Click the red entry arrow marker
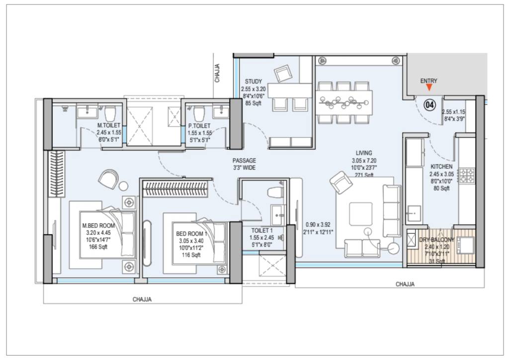(429, 88)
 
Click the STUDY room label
(254, 82)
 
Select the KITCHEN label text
(441, 167)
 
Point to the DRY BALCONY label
(436, 240)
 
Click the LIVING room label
(364, 153)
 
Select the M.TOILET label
(109, 126)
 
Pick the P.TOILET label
(199, 126)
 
